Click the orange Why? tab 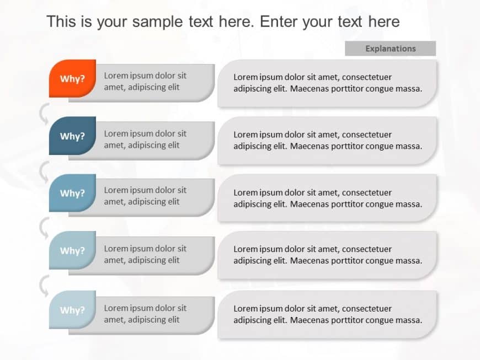pos(72,78)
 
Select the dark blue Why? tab pos(72,136)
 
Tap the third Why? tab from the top pos(72,193)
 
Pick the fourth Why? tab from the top pos(72,250)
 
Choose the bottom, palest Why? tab pos(72,310)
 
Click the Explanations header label pos(390,49)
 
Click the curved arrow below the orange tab pos(44,113)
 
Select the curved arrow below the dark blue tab pos(44,171)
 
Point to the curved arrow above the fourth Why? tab pos(44,227)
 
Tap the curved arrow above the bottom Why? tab pos(44,285)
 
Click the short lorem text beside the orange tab pos(145,81)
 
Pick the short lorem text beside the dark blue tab pos(145,139)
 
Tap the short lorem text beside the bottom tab pos(145,314)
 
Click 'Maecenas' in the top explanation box pos(310,88)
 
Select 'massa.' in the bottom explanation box pos(409,320)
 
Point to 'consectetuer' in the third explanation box pos(366,192)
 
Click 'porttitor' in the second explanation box pos(349,146)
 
